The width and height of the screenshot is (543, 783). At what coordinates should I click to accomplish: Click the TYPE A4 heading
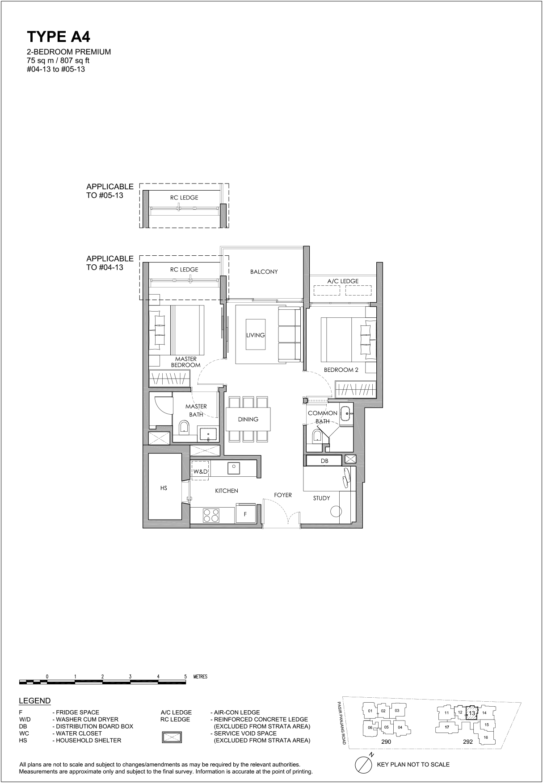(59, 37)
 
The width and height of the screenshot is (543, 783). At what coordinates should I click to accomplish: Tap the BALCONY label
(264, 271)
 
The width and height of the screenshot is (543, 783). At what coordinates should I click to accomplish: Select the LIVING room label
(255, 335)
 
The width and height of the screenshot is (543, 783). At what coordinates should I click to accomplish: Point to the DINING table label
(248, 419)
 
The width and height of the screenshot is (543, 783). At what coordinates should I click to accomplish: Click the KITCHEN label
(227, 491)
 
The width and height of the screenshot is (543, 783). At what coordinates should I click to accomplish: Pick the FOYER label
(283, 495)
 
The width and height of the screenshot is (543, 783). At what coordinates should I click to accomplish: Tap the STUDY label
(321, 498)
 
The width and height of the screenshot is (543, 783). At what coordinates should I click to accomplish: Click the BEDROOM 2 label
(341, 370)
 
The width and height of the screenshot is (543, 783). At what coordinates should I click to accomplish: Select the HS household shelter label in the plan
(164, 488)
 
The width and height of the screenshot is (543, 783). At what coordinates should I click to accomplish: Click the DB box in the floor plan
(324, 461)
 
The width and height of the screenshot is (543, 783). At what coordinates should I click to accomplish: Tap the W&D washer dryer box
(200, 471)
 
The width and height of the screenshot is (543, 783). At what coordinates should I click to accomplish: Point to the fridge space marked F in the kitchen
(245, 513)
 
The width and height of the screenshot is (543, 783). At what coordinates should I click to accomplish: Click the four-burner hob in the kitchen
(211, 515)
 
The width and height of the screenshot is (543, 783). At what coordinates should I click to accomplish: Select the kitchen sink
(233, 468)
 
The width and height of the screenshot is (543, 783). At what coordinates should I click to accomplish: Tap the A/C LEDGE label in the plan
(343, 281)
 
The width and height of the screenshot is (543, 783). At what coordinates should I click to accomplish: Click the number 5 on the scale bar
(185, 676)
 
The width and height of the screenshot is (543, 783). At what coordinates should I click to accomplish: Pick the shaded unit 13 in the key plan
(471, 713)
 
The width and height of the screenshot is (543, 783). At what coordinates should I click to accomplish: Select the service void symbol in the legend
(172, 737)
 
